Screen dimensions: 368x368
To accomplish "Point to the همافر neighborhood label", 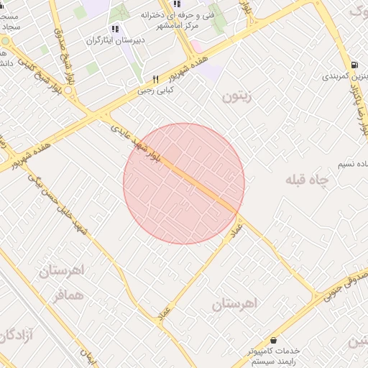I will pos(68,295).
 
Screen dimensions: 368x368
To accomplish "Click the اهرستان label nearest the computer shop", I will pos(234,303).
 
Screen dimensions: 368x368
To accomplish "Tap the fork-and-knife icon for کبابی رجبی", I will pos(155,79).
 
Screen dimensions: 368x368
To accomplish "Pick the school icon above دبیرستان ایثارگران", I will pos(115,29).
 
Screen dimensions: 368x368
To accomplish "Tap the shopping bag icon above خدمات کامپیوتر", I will pos(273,340).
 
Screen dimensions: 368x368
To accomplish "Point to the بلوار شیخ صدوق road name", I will pos(64,55).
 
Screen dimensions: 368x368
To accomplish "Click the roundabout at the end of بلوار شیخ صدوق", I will pos(68,91).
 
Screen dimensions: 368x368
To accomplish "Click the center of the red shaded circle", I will pos(184,183).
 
